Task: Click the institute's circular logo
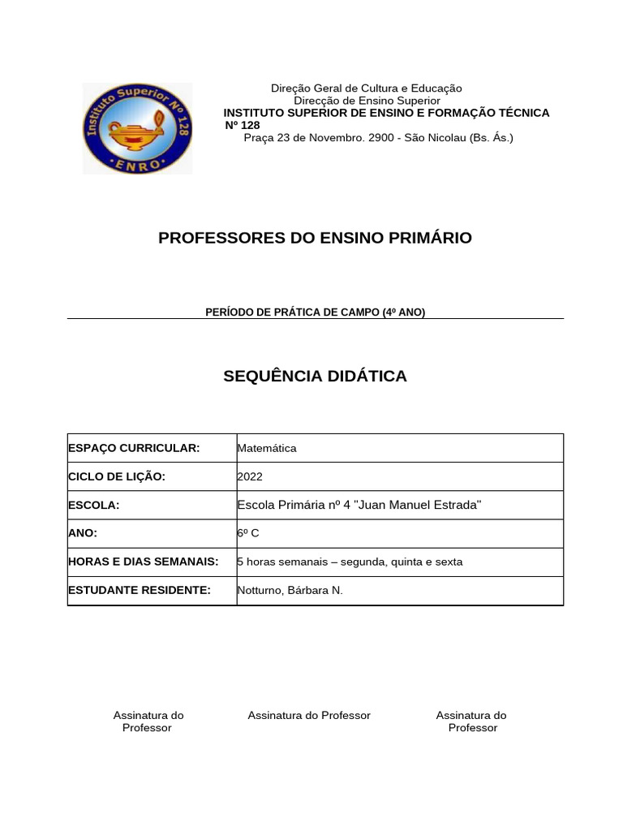pos(137,128)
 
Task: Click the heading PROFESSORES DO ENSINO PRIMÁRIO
pos(315,238)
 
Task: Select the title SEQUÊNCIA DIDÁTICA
pos(315,376)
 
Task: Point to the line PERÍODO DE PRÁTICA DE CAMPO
pos(315,312)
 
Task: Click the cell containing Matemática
pos(267,448)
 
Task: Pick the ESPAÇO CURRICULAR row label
pos(134,448)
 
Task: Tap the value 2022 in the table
pos(250,477)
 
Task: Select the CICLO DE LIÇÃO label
pos(117,477)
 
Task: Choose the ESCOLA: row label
pos(94,506)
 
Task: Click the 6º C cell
pos(248,533)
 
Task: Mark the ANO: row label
pos(83,533)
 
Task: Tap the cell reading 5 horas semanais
pos(350,562)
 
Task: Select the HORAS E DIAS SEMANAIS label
pos(144,562)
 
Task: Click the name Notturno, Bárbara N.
pos(290,590)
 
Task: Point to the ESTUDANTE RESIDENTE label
pos(140,590)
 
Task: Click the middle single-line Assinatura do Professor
pos(309,715)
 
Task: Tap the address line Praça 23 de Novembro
pos(379,138)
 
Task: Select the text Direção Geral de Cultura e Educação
pos(366,88)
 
